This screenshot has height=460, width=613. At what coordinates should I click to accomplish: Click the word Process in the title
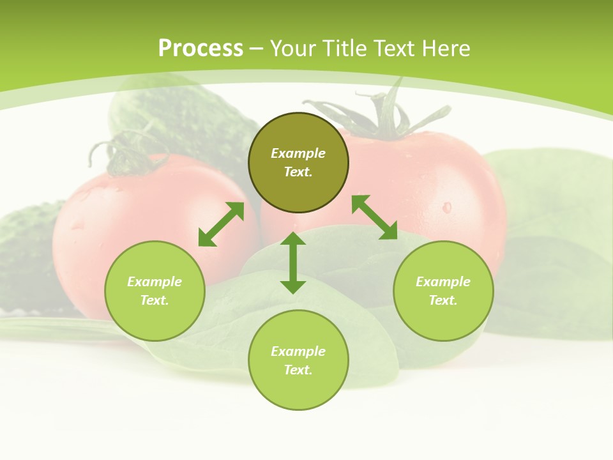201,49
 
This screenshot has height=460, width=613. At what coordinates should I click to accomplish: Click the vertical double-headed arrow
293,263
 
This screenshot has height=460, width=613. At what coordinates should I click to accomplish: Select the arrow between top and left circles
221,224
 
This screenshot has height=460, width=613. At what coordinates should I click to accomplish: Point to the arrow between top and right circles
375,217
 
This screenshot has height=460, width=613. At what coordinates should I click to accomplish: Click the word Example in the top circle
298,153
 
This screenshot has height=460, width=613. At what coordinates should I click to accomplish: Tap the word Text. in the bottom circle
298,370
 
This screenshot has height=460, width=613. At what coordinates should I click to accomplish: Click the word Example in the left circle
155,282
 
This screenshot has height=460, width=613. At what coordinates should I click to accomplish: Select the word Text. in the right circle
443,300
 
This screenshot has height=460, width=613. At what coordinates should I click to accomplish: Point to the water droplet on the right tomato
446,207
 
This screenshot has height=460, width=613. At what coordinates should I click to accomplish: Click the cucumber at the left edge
26,256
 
